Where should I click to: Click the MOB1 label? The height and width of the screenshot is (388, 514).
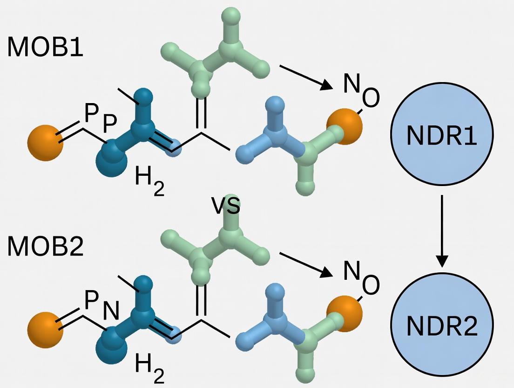(x=45, y=47)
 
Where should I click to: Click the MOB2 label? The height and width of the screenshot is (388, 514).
(x=45, y=247)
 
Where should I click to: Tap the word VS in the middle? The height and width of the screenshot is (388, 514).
(x=226, y=206)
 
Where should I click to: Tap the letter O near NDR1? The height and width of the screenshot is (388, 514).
(x=371, y=98)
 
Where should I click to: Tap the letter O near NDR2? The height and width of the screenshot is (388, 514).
(x=371, y=286)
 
